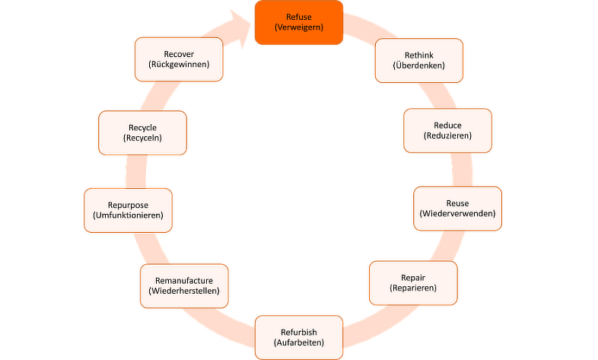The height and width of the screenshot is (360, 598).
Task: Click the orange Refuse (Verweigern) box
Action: tap(298, 22)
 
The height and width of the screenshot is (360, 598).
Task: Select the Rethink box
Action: tap(419, 60)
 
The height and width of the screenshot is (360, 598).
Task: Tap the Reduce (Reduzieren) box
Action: tap(447, 130)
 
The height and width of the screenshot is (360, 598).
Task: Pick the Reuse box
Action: tap(457, 209)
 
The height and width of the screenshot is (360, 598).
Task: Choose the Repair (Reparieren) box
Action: tap(413, 283)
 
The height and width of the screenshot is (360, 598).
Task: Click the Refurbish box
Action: tap(299, 336)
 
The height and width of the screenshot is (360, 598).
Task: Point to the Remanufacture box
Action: tap(184, 285)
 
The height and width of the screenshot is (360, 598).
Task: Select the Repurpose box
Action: tap(129, 210)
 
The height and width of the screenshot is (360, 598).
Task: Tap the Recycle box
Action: tap(142, 132)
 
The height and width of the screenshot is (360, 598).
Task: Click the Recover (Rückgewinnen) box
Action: tap(179, 59)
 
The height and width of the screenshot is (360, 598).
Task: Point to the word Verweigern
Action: tap(299, 28)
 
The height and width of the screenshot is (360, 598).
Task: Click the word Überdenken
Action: tap(419, 66)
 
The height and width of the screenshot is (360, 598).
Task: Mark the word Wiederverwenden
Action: tap(457, 215)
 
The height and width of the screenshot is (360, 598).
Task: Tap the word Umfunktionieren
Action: tap(129, 216)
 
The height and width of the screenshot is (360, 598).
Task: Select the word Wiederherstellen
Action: tap(184, 292)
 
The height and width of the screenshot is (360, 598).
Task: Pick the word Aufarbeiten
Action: tap(299, 342)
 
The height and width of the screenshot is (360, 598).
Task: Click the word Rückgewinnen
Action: tap(179, 65)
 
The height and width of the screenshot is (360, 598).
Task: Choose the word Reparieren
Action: tap(413, 289)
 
